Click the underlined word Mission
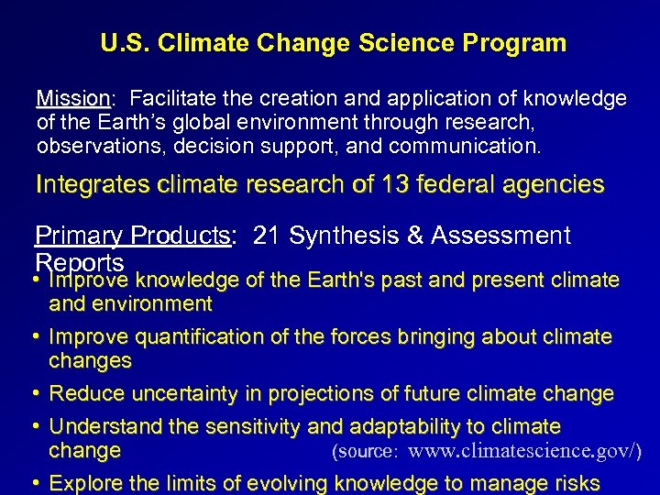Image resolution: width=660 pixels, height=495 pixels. click(x=72, y=98)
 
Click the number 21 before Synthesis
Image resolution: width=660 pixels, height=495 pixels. click(x=266, y=236)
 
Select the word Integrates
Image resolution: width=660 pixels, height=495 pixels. click(x=93, y=184)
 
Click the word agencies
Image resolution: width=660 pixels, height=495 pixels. click(x=555, y=184)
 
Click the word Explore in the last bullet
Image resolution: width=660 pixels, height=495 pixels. click(x=83, y=483)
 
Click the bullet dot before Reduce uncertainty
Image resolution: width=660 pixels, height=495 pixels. click(x=38, y=394)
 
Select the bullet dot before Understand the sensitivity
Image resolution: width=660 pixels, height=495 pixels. click(x=38, y=426)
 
